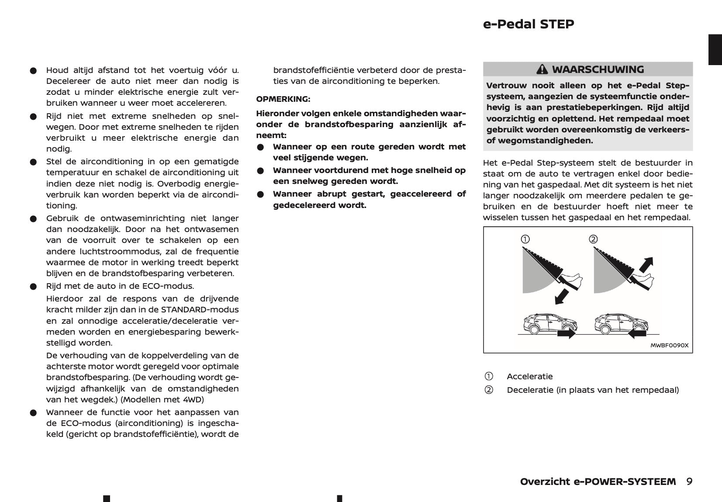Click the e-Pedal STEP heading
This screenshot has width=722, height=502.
[528, 24]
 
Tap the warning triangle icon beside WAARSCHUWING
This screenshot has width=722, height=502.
[542, 69]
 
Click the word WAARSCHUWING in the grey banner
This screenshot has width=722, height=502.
[598, 69]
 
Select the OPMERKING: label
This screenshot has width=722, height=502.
[283, 99]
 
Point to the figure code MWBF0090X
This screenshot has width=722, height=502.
[669, 345]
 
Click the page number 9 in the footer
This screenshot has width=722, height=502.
[689, 481]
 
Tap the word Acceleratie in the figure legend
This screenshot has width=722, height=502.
[529, 376]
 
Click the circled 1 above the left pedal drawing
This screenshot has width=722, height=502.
[525, 239]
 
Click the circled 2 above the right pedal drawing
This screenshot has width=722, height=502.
[593, 239]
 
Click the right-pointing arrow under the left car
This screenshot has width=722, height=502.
[567, 334]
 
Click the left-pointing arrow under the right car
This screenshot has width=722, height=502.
[637, 334]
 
